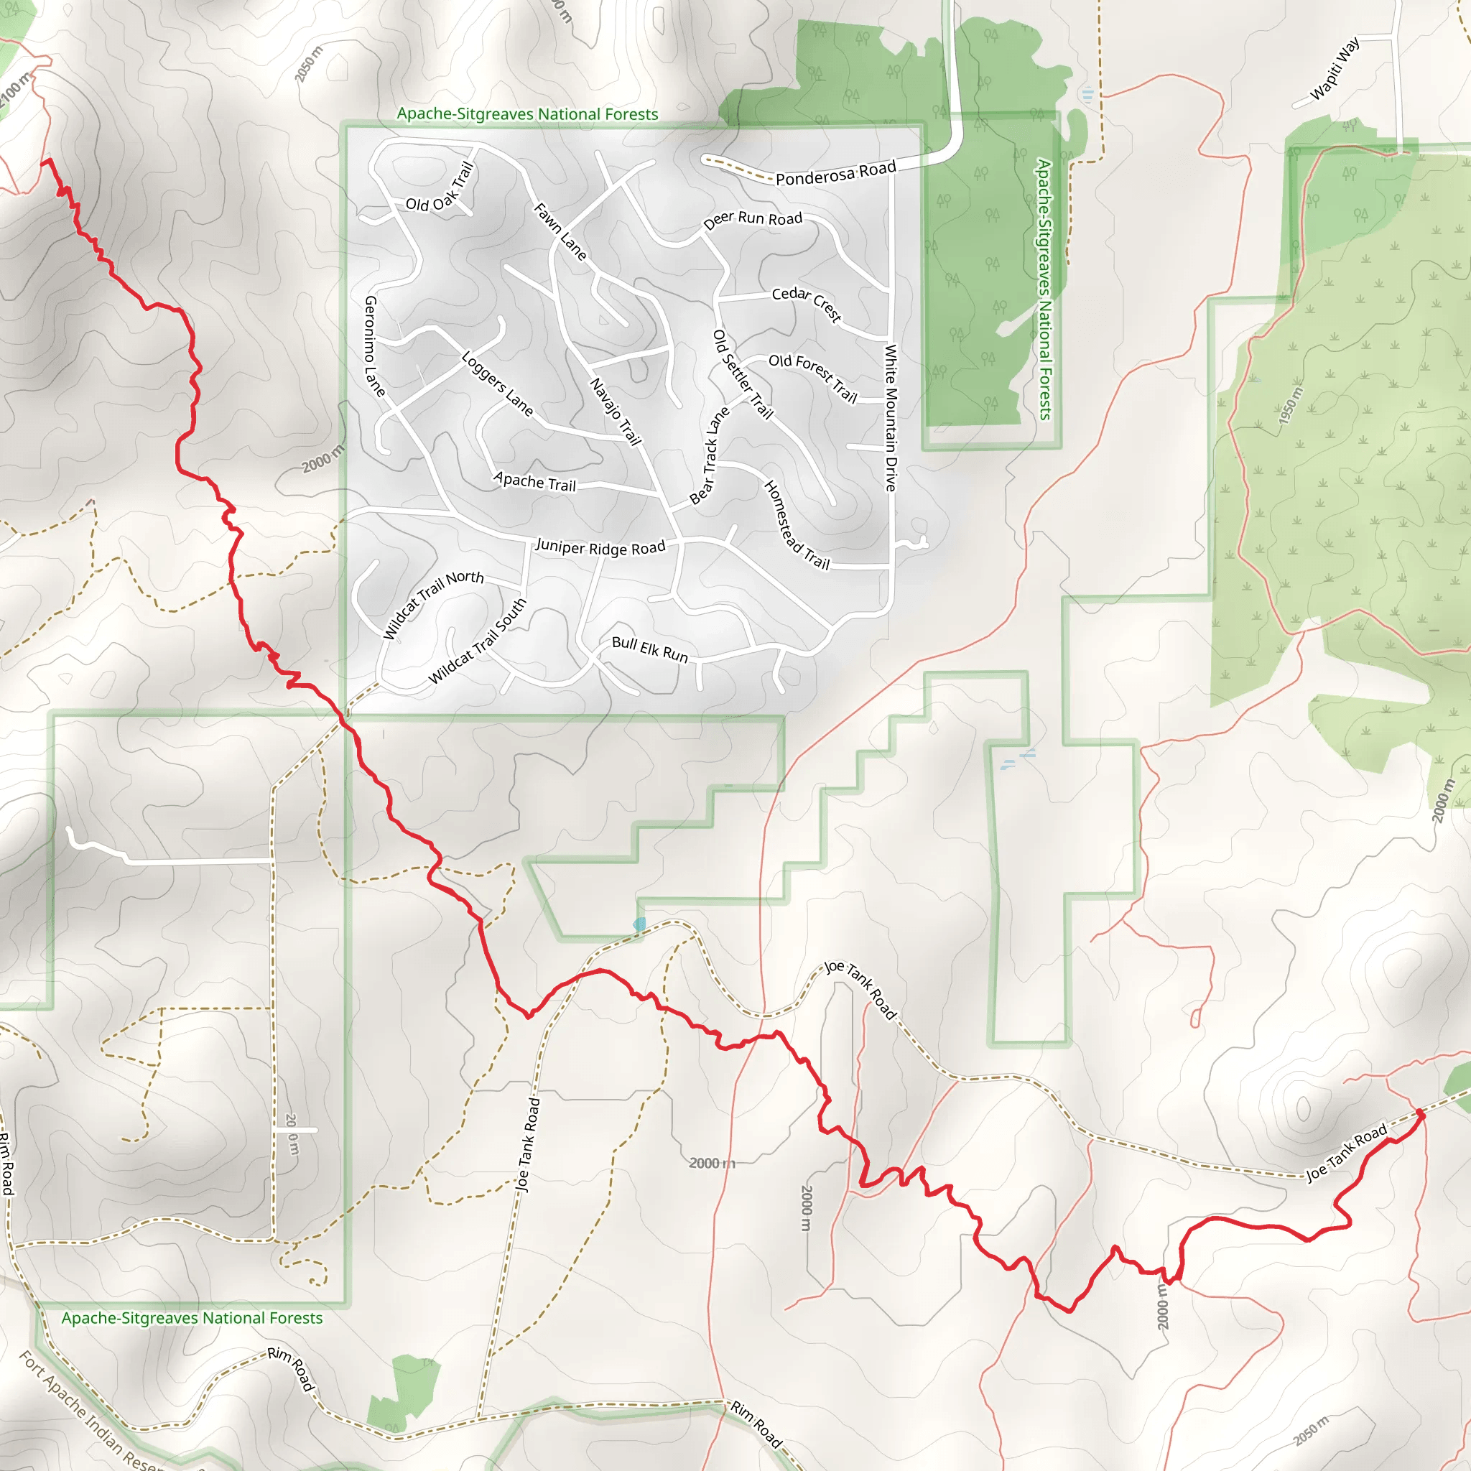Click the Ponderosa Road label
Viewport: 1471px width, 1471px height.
point(835,173)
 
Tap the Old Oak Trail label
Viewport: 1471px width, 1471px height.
point(440,190)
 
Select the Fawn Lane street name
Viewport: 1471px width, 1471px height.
point(560,231)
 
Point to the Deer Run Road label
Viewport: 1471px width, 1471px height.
point(752,219)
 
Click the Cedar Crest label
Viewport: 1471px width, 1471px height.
point(807,303)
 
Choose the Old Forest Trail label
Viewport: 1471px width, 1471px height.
point(812,377)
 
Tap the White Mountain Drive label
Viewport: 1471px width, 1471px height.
point(891,417)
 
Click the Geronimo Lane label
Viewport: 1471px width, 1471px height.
point(375,346)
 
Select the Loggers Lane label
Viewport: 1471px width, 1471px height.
point(497,383)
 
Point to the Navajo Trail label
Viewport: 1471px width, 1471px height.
point(616,411)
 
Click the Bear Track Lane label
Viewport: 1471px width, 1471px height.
point(709,455)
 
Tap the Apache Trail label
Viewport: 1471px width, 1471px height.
point(534,482)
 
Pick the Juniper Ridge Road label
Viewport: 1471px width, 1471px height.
point(600,547)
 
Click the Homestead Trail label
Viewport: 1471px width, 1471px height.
point(797,525)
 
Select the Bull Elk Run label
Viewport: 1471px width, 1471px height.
point(649,649)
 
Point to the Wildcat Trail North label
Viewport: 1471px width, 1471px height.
point(432,604)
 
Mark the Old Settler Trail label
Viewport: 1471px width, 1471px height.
point(743,373)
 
